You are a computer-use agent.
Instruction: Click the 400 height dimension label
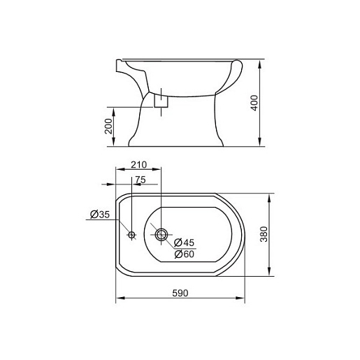(254, 103)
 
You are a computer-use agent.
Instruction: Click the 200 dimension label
(108, 126)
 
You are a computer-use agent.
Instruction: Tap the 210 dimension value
(138, 165)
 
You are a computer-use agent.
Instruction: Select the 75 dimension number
(141, 180)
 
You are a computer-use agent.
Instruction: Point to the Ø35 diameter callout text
(100, 215)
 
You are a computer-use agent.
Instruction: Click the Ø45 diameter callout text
(184, 243)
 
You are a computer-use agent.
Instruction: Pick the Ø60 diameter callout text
(184, 254)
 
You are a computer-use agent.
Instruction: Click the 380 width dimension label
(264, 234)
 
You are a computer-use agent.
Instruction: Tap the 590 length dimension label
(180, 293)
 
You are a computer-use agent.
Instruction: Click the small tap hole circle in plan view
(131, 235)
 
